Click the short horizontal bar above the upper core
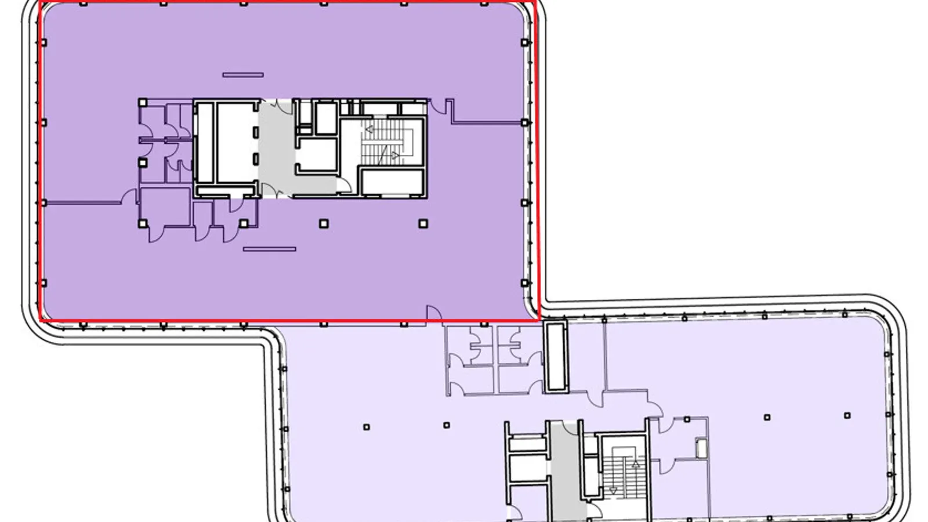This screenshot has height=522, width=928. pos(243,75)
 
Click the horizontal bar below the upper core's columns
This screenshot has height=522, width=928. pos(269,249)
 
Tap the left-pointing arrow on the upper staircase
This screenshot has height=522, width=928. pos(368,129)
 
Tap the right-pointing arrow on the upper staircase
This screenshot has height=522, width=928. pos(395,155)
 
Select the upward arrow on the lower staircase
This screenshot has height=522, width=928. pos(635,465)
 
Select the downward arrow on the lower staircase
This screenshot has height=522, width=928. pos(613,491)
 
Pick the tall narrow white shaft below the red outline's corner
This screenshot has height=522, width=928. pos(555,356)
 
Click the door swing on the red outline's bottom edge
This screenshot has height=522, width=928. pos(433,313)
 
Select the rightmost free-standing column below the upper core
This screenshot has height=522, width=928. pos(423,223)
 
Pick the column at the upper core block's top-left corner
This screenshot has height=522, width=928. pos(143,103)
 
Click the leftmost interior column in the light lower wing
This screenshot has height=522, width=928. pos(367,427)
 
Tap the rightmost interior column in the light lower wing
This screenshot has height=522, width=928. pos(847,415)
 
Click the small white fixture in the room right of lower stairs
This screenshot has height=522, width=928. pos(701,448)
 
